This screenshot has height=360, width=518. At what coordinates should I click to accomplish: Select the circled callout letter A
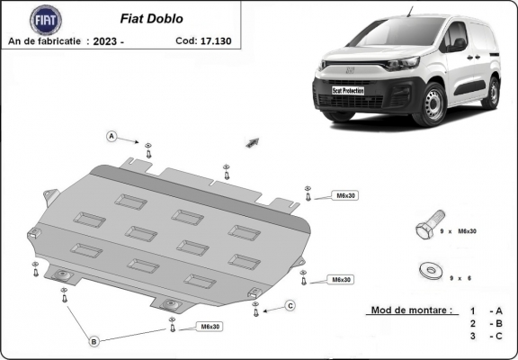[x=112, y=136]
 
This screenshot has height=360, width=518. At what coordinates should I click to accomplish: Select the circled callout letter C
[x=290, y=306]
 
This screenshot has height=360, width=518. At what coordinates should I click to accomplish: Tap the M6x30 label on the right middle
[x=341, y=280]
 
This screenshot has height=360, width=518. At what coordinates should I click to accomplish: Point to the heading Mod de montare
[x=410, y=310]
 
